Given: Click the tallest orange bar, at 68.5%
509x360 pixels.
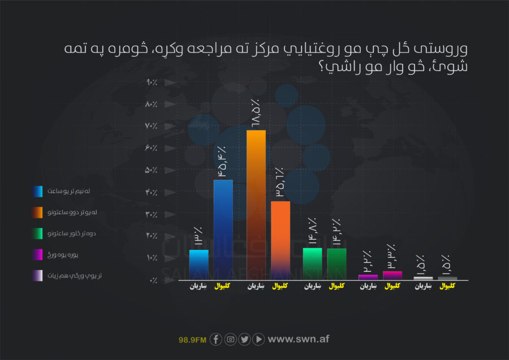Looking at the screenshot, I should point(256,203).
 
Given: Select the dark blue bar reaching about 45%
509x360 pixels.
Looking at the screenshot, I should point(223,229).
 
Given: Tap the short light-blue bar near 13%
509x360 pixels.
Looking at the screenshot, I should point(199,264).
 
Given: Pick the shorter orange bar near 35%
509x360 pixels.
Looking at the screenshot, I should point(281,240).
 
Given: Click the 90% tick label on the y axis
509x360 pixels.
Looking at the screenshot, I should point(151,83).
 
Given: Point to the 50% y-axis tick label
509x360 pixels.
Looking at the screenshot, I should point(151,170).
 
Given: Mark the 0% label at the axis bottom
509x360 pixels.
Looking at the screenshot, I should point(153,280).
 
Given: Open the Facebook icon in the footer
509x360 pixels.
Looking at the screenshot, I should point(215,339).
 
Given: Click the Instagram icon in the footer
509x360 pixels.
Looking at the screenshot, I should point(230,339).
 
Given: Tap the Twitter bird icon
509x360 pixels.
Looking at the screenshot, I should point(244,339).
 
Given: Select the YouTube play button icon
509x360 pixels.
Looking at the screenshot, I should point(258,339).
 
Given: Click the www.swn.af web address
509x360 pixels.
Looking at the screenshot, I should point(298,339).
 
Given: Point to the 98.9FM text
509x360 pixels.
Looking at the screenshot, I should point(192,340).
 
